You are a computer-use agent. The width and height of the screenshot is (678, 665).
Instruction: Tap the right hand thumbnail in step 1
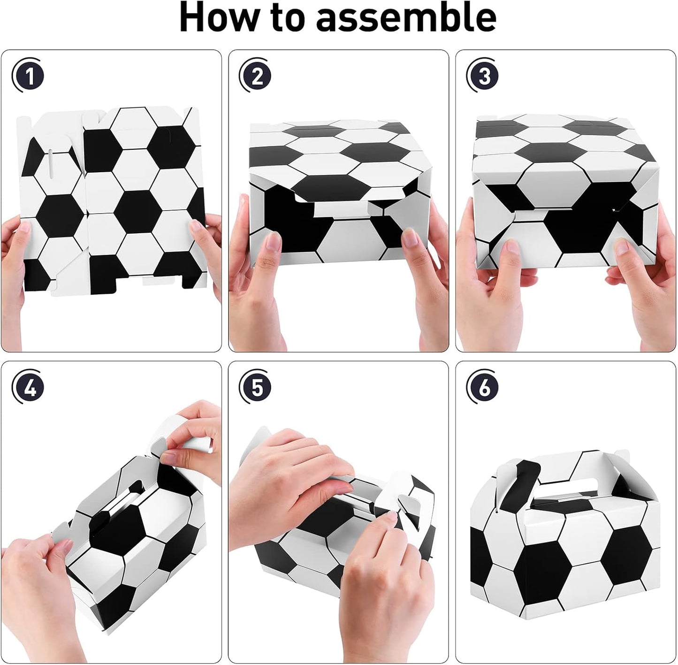196,226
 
